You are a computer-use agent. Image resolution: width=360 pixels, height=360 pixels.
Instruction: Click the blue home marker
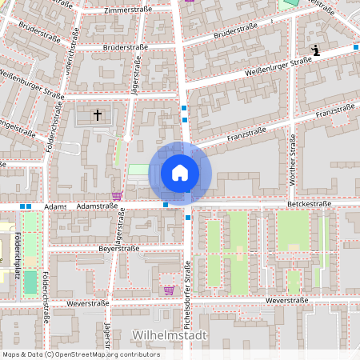[180, 172]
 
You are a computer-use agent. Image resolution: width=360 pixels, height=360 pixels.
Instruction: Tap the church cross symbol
[98, 115]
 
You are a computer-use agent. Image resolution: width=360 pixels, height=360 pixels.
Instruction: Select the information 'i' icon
[316, 51]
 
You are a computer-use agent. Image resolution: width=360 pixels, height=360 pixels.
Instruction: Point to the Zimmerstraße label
[128, 11]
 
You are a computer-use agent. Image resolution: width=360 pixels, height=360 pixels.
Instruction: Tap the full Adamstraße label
[97, 206]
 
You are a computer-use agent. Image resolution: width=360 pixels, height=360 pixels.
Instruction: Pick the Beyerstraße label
[119, 250]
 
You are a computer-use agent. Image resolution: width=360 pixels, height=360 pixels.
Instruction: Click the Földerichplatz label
[18, 255]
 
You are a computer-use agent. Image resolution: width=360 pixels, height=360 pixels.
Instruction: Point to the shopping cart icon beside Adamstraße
[117, 195]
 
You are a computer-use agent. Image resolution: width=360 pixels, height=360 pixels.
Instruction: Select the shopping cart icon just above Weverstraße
[168, 290]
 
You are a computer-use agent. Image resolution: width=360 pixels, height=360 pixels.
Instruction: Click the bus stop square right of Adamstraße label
[166, 205]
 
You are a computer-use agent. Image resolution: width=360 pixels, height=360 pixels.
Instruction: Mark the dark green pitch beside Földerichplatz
[30, 282]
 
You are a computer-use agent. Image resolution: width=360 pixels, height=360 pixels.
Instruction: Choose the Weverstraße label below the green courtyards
[286, 300]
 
